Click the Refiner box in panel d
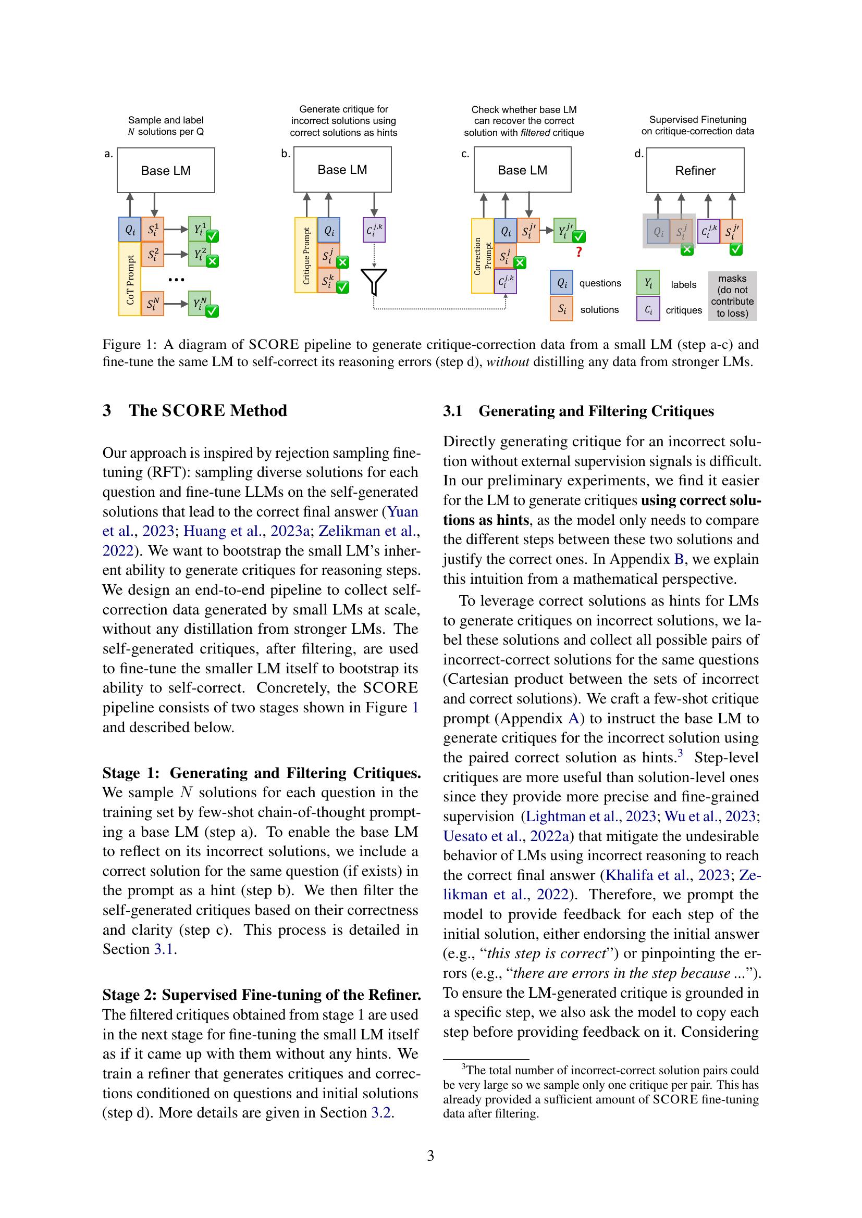pos(695,170)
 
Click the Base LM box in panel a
pos(166,170)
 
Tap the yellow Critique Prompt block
pos(306,256)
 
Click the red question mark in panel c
pos(578,253)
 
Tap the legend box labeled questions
pos(561,283)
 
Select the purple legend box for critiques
pos(648,310)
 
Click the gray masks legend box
pos(732,296)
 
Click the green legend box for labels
pos(648,283)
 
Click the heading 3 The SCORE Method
pos(195,410)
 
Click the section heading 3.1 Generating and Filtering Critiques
pos(578,411)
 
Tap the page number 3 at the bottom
pos(430,1156)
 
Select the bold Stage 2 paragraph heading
pos(261,995)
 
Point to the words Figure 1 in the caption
pos(129,344)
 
